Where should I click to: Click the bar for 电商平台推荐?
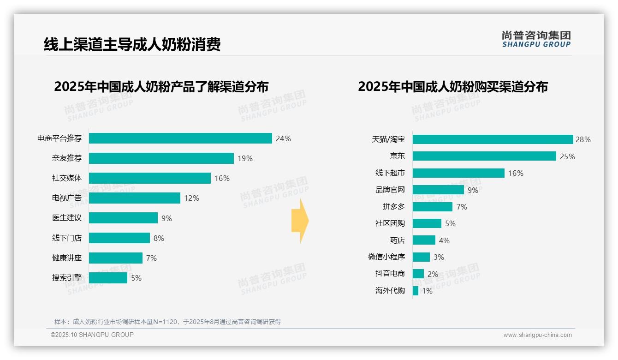[x=180, y=138]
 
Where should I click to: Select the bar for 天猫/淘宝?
[x=493, y=139]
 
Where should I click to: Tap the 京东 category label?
[x=397, y=156]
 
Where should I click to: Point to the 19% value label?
[x=245, y=158]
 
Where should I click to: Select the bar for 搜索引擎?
[x=108, y=278]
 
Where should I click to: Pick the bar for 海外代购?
[x=416, y=291]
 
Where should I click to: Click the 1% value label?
[x=427, y=291]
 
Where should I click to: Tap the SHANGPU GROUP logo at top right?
[x=536, y=39]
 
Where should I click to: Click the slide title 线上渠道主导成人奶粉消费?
[x=132, y=44]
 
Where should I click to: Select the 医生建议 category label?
[x=67, y=218]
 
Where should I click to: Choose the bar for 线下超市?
[x=458, y=173]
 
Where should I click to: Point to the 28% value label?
[x=583, y=139]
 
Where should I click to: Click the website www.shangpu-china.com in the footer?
[x=537, y=335]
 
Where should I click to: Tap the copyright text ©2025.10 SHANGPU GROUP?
[x=92, y=335]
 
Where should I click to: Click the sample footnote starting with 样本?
[x=167, y=322]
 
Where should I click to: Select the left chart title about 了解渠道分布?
[x=161, y=87]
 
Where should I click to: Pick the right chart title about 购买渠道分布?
[x=452, y=87]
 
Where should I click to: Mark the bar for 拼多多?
[x=432, y=207]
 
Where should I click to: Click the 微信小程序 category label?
[x=386, y=257]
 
